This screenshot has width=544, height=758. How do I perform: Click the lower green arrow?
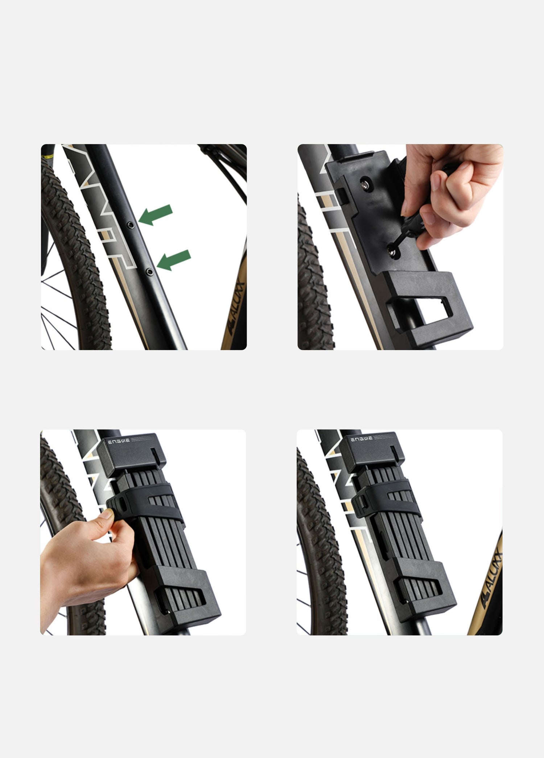tap(174, 260)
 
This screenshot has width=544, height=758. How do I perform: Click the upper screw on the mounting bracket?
tap(364, 185)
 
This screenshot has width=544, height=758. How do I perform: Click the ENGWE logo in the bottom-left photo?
tap(119, 442)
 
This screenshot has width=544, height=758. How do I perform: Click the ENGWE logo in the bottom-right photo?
tap(361, 439)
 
